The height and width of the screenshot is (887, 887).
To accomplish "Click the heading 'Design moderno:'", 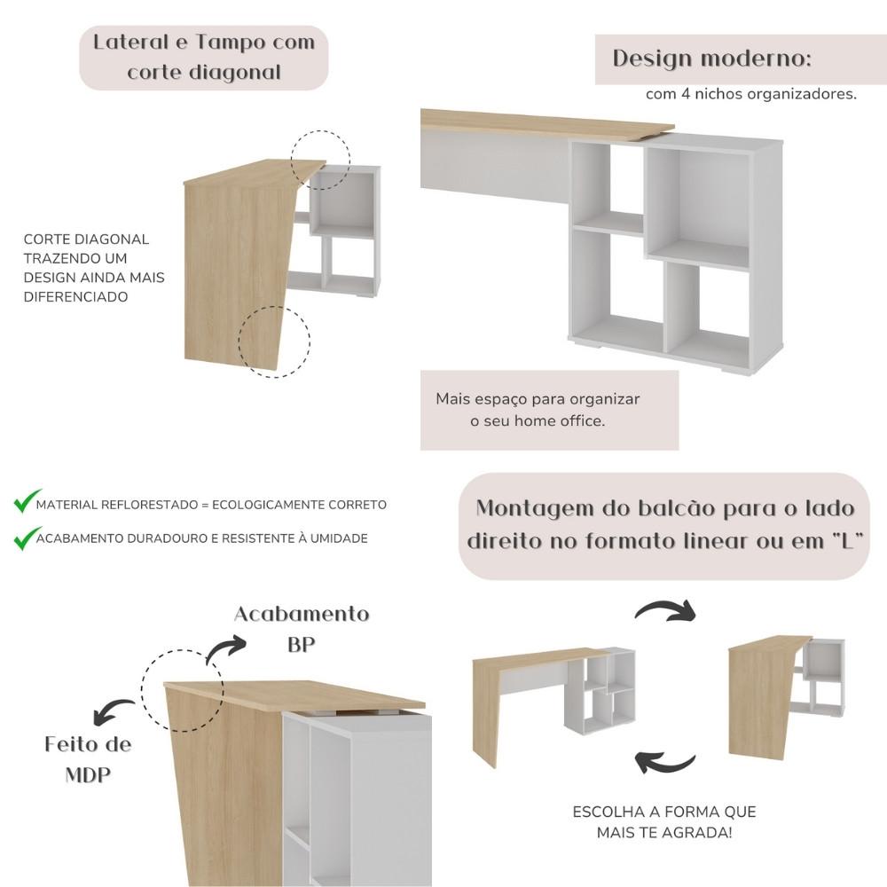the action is click(711, 59).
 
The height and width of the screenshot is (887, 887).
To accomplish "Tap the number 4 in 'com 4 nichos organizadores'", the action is click(686, 94).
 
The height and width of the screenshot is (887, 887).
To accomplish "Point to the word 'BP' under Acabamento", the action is click(301, 644).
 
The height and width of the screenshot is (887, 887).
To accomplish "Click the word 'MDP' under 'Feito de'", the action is click(88, 774).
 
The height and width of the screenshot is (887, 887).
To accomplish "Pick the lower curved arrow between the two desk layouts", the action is click(665, 763).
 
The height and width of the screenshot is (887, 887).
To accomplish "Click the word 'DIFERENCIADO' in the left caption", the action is click(75, 297).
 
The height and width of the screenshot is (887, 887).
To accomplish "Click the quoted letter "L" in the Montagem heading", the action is click(847, 540).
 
